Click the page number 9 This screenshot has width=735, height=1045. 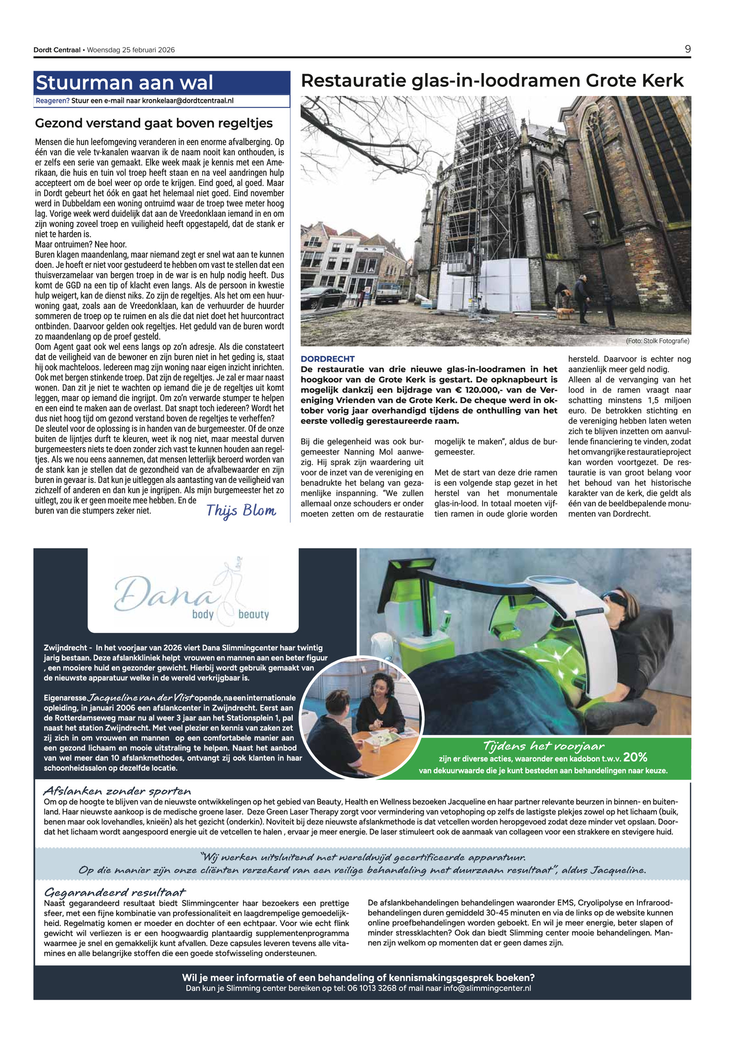[687, 49]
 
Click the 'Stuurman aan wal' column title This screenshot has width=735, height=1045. [124, 83]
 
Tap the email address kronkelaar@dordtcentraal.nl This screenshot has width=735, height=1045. [187, 101]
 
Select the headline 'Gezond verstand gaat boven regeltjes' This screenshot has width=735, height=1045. [154, 123]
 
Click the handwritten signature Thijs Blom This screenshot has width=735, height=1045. [241, 511]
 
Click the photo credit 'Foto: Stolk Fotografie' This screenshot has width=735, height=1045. [657, 341]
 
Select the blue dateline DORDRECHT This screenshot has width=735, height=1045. [328, 359]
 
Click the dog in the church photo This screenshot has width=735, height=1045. [565, 313]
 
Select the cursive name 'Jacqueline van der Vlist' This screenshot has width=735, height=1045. [141, 698]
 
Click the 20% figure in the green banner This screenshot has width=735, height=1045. [635, 757]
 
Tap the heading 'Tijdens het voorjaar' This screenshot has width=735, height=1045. [543, 745]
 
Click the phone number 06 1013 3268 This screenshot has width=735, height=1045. [370, 988]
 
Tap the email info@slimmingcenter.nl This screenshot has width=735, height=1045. [487, 988]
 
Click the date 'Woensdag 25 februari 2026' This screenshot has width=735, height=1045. [131, 50]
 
